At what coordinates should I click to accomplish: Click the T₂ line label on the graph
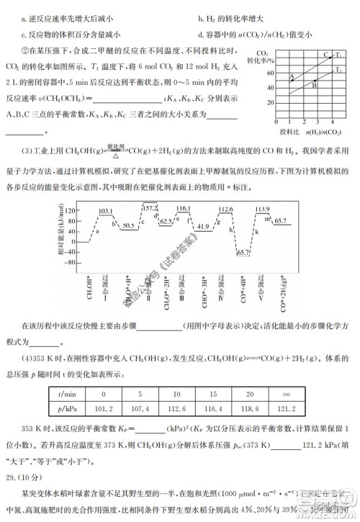coord(338,70)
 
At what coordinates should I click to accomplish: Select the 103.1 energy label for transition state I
coord(106,211)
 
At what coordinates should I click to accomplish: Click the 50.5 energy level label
coord(128,225)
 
